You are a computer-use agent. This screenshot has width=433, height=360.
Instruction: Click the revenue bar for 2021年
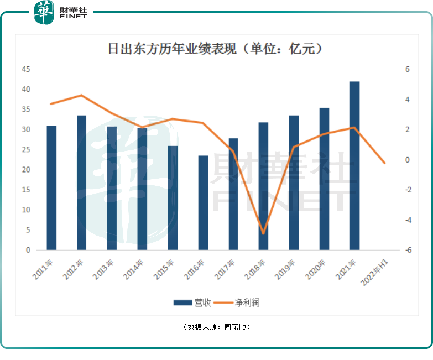click(x=354, y=166)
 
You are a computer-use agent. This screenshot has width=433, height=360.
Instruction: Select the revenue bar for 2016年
click(x=204, y=203)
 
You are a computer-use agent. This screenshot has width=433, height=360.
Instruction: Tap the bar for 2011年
click(x=51, y=188)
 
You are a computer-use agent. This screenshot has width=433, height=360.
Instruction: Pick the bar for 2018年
click(x=264, y=186)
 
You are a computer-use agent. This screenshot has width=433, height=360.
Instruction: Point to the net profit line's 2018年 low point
click(x=264, y=233)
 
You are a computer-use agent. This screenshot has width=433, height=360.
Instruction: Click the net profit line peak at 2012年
click(x=82, y=95)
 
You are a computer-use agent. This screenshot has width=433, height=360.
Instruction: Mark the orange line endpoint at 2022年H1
click(x=385, y=163)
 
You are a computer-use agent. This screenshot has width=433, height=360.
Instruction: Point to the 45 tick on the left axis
click(x=25, y=70)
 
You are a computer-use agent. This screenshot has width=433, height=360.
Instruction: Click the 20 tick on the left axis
click(x=25, y=170)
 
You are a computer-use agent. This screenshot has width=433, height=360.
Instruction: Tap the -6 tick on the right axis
click(x=408, y=250)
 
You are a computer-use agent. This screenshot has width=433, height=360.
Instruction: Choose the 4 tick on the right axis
click(x=408, y=100)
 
